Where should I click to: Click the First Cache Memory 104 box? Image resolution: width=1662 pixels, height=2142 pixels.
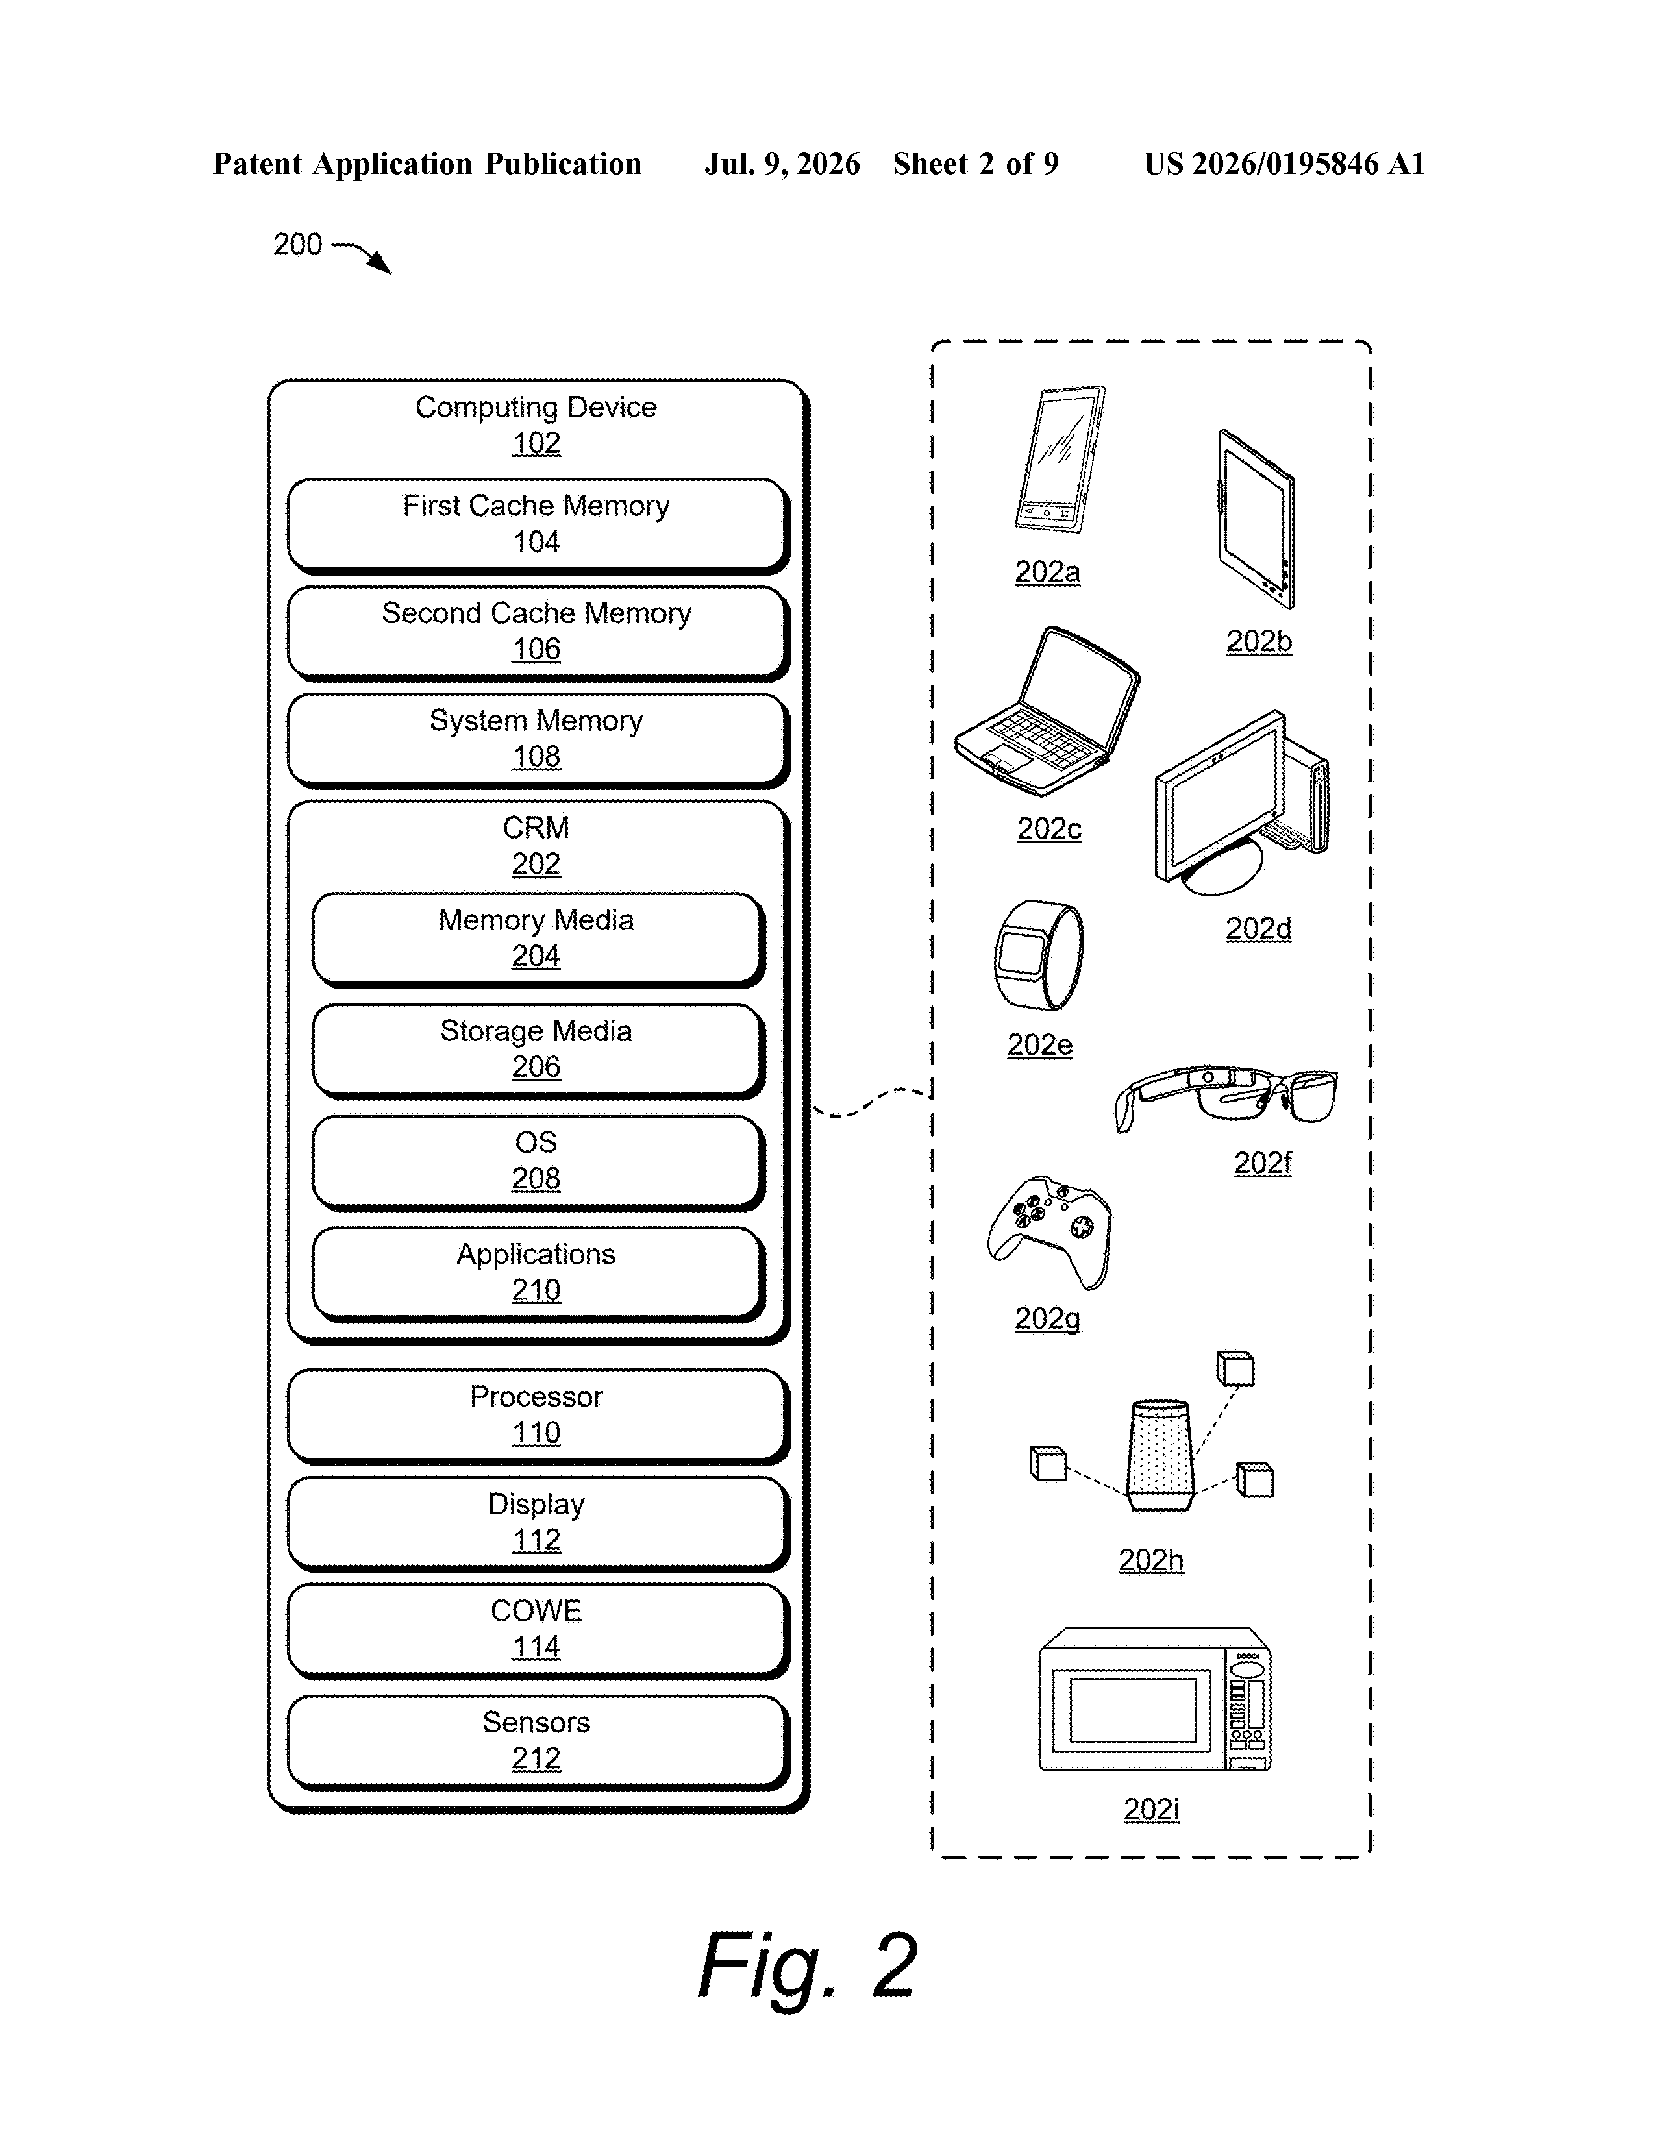coord(538,524)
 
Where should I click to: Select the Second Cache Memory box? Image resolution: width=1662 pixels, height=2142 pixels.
coord(538,633)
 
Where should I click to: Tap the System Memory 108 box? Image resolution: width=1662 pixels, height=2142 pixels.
coord(538,741)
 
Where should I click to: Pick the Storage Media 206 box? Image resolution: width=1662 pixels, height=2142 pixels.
coord(538,1050)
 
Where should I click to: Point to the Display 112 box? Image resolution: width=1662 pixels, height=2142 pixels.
coord(538,1523)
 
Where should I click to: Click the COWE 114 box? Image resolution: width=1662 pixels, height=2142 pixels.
coord(538,1630)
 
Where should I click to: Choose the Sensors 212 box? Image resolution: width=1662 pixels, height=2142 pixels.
coord(538,1742)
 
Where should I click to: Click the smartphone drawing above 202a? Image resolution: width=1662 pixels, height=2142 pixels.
coord(1060,459)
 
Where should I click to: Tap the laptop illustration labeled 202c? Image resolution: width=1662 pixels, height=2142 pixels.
coord(1047,711)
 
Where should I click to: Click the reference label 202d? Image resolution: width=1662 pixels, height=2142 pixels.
coord(1259,928)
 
